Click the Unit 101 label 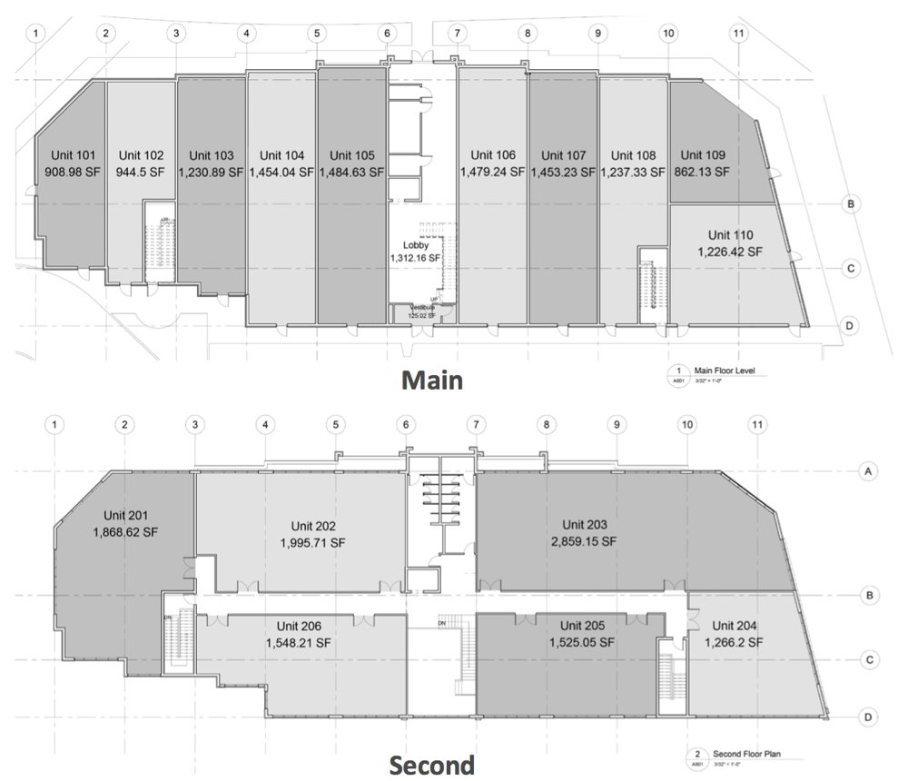(x=68, y=155)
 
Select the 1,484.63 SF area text (x=351, y=171)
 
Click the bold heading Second (x=431, y=765)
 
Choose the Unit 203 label (x=584, y=525)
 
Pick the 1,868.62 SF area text (x=126, y=534)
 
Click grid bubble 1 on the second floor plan (x=56, y=424)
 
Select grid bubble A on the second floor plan (x=868, y=471)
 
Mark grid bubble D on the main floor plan (x=849, y=325)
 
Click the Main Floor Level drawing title (x=725, y=370)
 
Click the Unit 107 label (x=562, y=155)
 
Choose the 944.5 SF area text (x=141, y=171)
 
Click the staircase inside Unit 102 (x=159, y=242)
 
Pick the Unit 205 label (x=583, y=626)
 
